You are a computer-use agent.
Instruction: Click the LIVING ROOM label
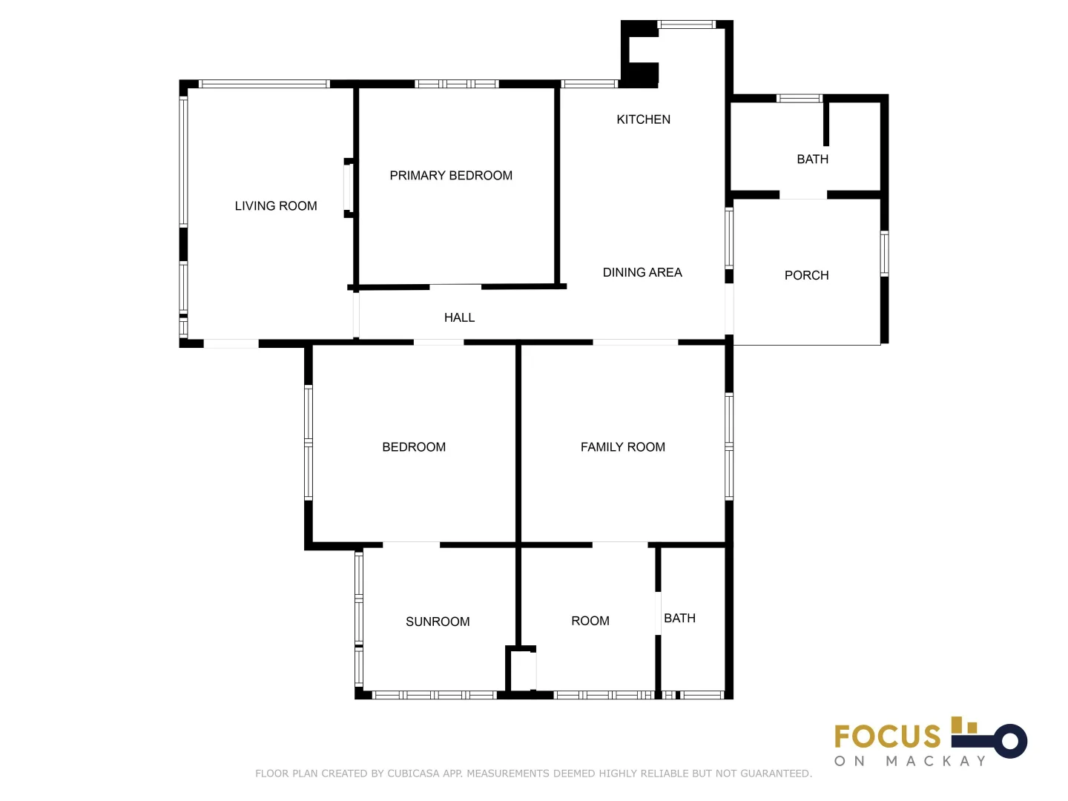[276, 206]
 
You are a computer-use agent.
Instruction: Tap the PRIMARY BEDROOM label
[451, 176]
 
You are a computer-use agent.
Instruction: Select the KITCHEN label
[643, 119]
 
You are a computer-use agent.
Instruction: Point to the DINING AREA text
[642, 272]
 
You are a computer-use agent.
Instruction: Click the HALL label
[459, 317]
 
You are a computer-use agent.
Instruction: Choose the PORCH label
[806, 275]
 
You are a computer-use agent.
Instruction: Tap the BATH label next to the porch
[812, 159]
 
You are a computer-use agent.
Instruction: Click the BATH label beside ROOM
[679, 618]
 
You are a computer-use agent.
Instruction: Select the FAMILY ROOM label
[622, 447]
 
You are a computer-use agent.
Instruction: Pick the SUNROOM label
[438, 622]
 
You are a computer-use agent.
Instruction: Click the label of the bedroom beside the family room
[414, 447]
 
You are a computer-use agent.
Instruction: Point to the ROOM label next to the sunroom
[590, 621]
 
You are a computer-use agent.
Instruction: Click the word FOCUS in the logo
[887, 736]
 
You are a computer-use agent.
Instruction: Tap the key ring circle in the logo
[1009, 740]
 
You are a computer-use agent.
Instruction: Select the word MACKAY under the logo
[936, 761]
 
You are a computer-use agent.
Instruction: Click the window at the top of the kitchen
[687, 25]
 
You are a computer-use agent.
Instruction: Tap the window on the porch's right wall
[884, 254]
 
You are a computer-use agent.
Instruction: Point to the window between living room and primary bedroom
[347, 188]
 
